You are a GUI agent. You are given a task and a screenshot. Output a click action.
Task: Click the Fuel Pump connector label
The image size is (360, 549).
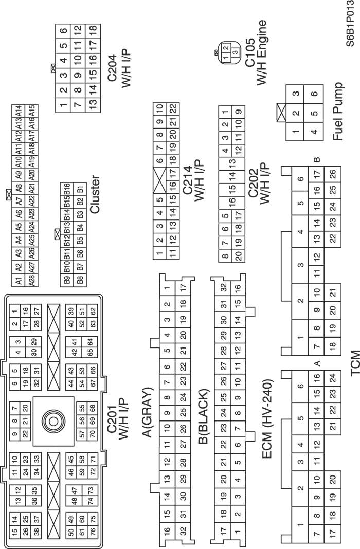pos(338,112)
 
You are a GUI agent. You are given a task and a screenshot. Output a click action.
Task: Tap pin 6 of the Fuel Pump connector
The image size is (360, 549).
pos(314,94)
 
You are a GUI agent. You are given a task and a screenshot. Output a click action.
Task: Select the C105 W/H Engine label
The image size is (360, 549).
pos(255,52)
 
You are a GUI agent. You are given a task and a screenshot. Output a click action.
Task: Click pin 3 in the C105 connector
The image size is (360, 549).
pos(236,52)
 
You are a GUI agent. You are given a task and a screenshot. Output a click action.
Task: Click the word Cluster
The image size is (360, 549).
pos(95,194)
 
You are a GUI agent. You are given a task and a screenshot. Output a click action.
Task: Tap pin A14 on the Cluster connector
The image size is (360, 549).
pos(19,111)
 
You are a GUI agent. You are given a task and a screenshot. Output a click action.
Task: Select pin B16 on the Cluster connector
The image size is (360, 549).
pos(66,189)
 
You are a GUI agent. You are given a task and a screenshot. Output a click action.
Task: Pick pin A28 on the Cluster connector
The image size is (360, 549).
pos(32,280)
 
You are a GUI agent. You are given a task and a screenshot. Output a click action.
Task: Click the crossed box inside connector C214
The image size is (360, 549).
pos(159,179)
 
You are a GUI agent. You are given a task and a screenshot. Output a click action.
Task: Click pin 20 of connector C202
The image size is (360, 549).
pos(239,255)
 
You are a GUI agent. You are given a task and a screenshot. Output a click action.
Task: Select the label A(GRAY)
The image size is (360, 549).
pos(148,412)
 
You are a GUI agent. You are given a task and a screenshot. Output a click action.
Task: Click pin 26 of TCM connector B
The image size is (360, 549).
pos(333,174)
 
